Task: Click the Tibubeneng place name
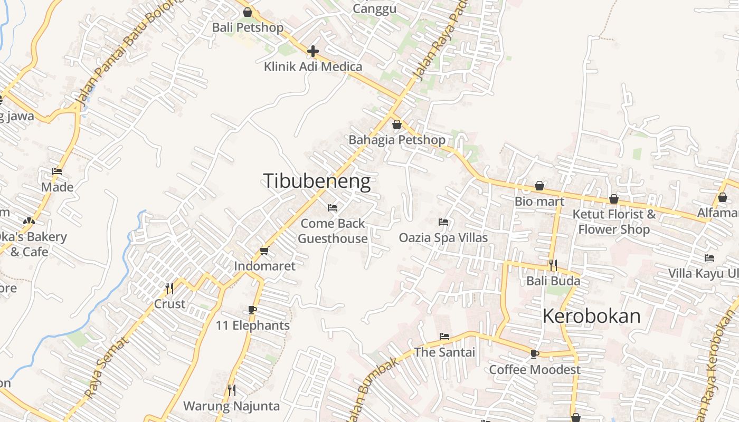pyautogui.click(x=317, y=181)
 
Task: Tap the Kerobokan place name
pyautogui.click(x=591, y=316)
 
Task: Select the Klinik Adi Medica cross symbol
pyautogui.click(x=313, y=51)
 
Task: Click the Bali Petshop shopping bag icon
pyautogui.click(x=247, y=12)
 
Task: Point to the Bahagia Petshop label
pyautogui.click(x=397, y=140)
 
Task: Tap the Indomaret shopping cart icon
pyautogui.click(x=264, y=251)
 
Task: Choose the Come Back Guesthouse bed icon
pyautogui.click(x=333, y=208)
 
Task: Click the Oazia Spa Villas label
pyautogui.click(x=443, y=237)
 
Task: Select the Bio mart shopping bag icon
pyautogui.click(x=539, y=186)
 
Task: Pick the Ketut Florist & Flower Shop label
pyautogui.click(x=614, y=222)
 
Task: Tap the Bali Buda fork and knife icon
pyautogui.click(x=553, y=265)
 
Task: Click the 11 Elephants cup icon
pyautogui.click(x=252, y=310)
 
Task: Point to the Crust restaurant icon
pyautogui.click(x=169, y=288)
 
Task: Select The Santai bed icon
pyautogui.click(x=444, y=337)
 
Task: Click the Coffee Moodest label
pyautogui.click(x=535, y=369)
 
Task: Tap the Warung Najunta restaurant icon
pyautogui.click(x=231, y=390)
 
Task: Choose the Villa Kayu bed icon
pyautogui.click(x=709, y=258)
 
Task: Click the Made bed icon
pyautogui.click(x=57, y=171)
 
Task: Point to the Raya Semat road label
pyautogui.click(x=107, y=368)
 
